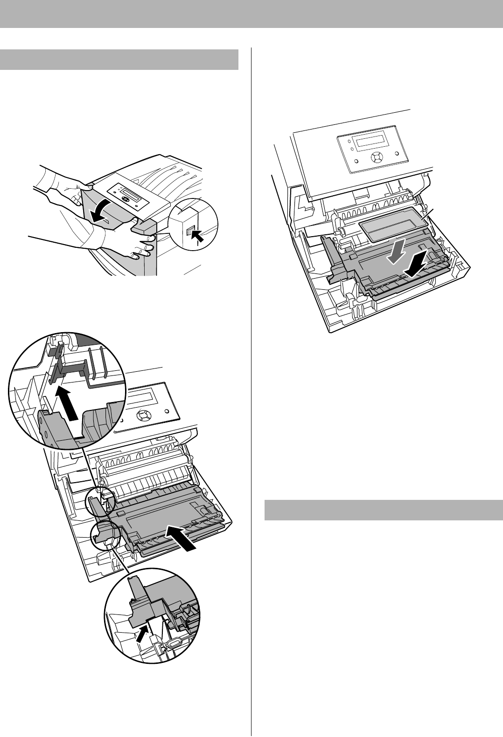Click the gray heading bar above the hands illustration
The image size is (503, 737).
(119, 59)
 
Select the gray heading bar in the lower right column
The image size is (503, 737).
(380, 510)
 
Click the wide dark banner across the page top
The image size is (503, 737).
(251, 14)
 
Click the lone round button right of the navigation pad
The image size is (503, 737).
(397, 153)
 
